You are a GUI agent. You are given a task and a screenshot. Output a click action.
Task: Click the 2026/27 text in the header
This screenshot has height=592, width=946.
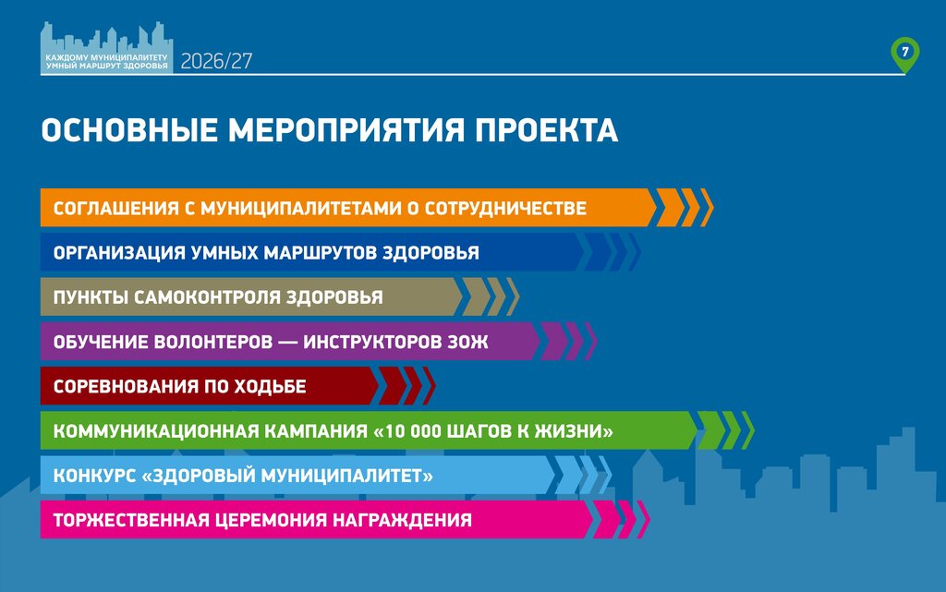[x=216, y=61]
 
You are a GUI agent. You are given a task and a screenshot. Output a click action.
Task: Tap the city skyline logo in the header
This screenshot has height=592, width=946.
[x=107, y=48]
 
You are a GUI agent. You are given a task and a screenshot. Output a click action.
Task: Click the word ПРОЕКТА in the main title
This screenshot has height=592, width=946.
[x=547, y=130]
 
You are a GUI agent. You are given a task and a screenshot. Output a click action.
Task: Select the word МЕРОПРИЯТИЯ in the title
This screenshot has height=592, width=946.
[x=347, y=130]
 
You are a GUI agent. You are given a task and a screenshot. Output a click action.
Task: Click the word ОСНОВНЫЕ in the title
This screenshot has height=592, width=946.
[x=129, y=130]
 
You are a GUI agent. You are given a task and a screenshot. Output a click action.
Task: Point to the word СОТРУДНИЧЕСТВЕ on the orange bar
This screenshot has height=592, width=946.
[x=505, y=208]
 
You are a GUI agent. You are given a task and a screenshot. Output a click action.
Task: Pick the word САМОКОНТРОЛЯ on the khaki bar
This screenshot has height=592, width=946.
[x=210, y=297]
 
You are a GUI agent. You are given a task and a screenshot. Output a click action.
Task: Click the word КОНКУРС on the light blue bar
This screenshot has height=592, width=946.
[x=95, y=476]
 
